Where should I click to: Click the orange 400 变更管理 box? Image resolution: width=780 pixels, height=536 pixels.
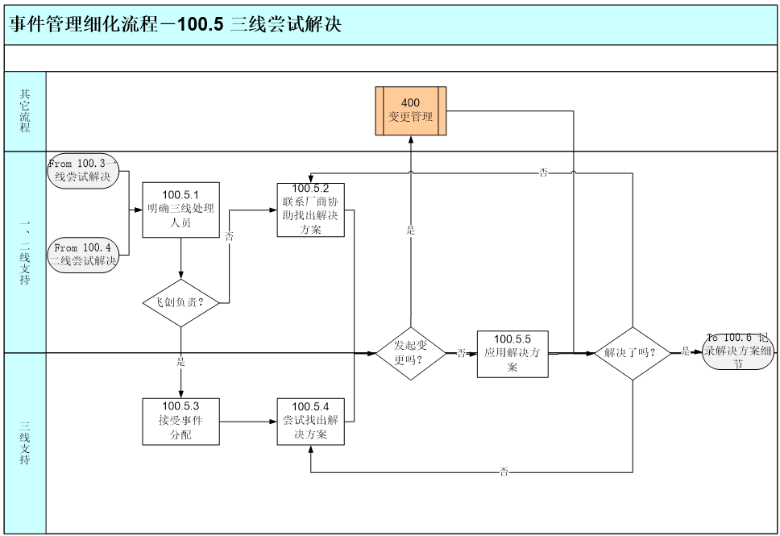[x=410, y=110]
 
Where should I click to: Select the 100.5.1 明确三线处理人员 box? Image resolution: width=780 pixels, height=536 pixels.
[x=180, y=210]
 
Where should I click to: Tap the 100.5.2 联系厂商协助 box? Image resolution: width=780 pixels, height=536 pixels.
[x=311, y=210]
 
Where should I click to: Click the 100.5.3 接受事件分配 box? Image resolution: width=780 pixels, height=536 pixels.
[x=180, y=421]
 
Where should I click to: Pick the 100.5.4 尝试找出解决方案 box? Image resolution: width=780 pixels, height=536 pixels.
[x=311, y=421]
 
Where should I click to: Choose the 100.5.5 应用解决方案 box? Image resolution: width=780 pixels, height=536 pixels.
[x=512, y=354]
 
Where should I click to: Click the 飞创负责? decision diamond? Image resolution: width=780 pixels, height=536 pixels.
[x=180, y=303]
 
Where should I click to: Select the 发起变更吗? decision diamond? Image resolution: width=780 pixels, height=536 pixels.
[x=411, y=353]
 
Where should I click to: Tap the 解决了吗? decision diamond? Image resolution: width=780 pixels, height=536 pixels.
[x=633, y=353]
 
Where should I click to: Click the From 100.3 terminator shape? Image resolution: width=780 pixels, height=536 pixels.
[x=84, y=170]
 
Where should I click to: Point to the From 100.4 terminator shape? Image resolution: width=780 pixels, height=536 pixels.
[x=84, y=254]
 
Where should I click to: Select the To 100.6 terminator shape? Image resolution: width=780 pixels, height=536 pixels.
[x=738, y=351]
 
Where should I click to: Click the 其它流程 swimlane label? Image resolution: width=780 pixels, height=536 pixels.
[x=25, y=111]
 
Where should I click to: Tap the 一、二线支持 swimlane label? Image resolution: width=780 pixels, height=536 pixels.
[x=25, y=251]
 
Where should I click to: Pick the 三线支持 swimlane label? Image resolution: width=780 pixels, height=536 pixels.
[x=25, y=443]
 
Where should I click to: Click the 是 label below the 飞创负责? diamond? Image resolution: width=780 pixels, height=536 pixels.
[x=180, y=362]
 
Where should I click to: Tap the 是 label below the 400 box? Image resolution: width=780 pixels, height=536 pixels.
[x=411, y=231]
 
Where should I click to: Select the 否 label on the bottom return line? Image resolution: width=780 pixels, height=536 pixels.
[x=504, y=472]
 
